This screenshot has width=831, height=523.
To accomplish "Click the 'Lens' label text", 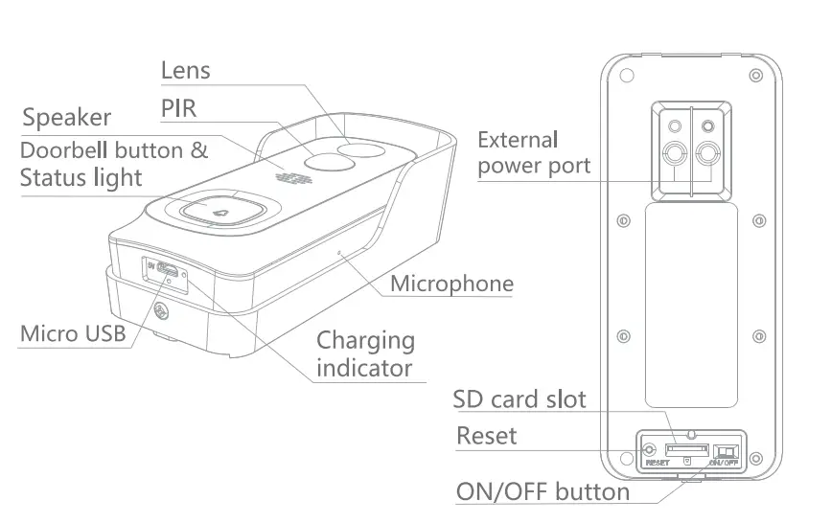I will point(185,71).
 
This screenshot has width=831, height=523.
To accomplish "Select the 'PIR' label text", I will point(178,108).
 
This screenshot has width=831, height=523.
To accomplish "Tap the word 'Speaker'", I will point(67,119).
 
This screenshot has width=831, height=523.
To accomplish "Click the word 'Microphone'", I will point(451,284).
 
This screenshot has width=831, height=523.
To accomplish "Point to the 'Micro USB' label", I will point(73,334).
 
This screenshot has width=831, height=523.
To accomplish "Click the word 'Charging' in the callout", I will point(366,341).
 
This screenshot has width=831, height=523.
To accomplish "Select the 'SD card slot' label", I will point(519,398).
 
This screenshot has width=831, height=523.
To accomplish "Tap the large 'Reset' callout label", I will point(486,436).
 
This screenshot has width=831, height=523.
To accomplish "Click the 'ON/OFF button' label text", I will point(542,491).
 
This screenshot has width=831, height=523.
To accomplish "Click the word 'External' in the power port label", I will point(518,140).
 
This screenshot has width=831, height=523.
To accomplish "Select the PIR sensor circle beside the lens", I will point(324,162).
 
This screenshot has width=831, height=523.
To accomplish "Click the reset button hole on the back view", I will point(652,448).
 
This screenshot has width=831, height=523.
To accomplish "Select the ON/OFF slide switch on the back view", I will point(726,449).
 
